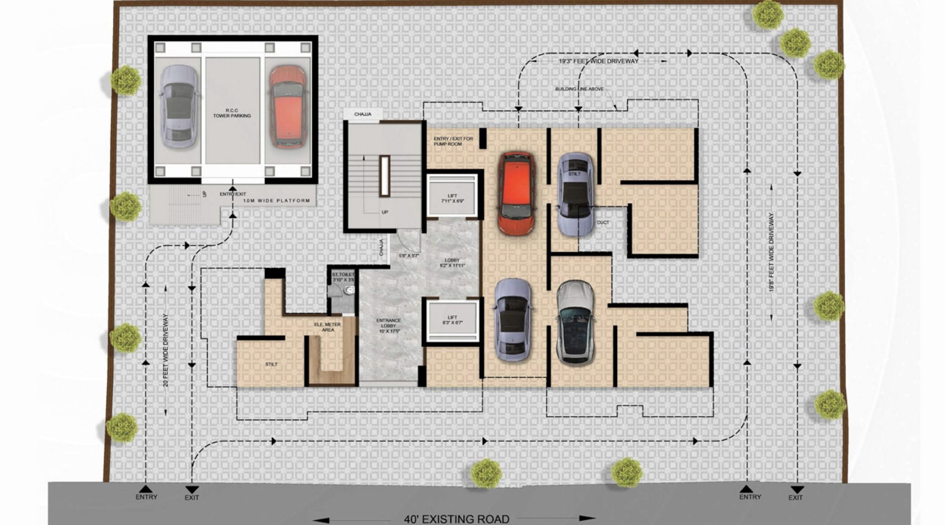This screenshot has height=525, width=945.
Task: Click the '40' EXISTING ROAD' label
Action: [x=456, y=519]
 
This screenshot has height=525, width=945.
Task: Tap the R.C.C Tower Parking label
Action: [x=232, y=113]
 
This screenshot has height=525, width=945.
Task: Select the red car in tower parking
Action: [x=288, y=107]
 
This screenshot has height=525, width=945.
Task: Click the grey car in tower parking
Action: [x=178, y=107]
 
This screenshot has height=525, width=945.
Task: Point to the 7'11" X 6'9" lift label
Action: [x=452, y=199]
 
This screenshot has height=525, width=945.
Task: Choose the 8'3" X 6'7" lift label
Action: [x=452, y=320]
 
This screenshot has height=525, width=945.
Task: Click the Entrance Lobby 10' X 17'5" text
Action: [x=389, y=326]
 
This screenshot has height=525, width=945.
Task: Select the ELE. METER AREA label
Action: [x=328, y=327]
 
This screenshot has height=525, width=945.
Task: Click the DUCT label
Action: [x=602, y=223]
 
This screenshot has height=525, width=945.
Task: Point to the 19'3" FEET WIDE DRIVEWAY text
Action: [x=599, y=61]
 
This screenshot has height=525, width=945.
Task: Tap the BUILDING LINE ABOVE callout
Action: [x=579, y=89]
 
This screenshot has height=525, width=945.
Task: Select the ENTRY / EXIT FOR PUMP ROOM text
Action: [x=453, y=141]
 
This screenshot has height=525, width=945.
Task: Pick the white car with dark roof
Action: [x=575, y=322]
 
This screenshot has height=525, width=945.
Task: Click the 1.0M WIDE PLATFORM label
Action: [x=277, y=201]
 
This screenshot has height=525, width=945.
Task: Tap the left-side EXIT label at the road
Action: [x=192, y=497]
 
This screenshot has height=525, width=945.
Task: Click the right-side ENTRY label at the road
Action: [x=750, y=497]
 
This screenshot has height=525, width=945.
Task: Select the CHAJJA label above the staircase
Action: [x=362, y=114]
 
